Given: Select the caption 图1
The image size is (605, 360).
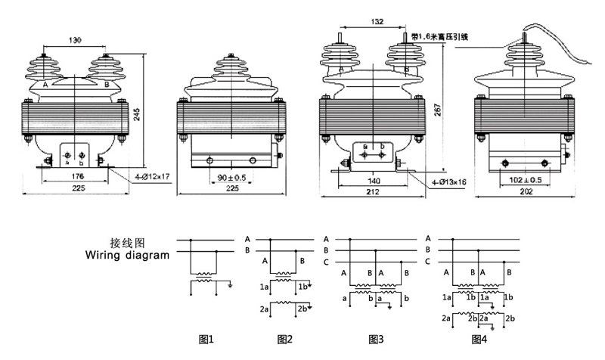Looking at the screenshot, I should click(206, 338).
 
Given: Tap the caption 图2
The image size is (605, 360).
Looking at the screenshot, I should click(285, 338).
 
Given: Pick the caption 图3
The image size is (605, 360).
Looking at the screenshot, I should click(376, 338).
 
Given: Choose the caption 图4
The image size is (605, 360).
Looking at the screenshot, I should click(479, 338).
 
